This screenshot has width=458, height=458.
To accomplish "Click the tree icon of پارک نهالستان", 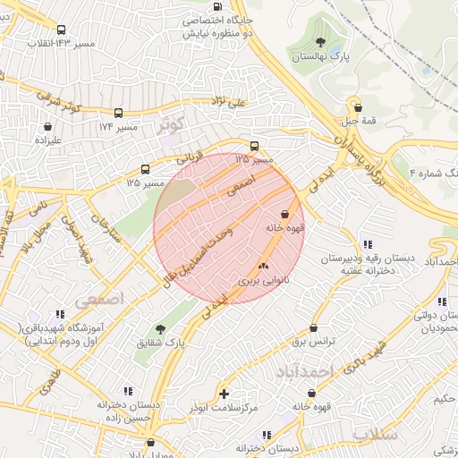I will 320,41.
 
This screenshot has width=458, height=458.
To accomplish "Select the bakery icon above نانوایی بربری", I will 263,266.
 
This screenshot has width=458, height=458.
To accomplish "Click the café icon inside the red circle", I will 284,214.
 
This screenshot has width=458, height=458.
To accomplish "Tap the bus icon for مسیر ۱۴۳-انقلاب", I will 61,30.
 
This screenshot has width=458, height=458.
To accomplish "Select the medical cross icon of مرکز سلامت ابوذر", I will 224,393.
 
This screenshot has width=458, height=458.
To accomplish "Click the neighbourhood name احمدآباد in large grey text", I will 304,370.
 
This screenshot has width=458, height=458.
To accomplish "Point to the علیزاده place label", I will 47,140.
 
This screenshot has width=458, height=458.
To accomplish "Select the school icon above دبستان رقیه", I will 367,244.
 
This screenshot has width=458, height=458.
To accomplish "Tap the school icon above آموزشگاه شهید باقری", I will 60,315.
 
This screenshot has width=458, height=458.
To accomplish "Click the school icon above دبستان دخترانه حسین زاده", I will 128,391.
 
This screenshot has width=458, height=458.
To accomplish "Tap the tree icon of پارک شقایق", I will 160,329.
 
